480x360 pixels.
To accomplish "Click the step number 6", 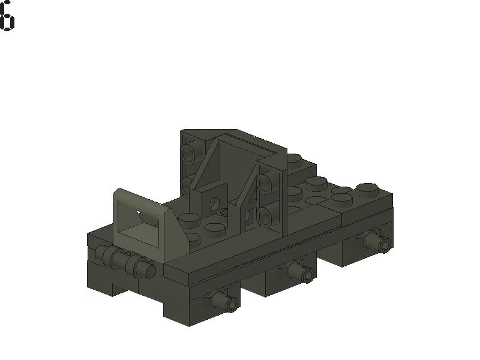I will click(7, 16).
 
